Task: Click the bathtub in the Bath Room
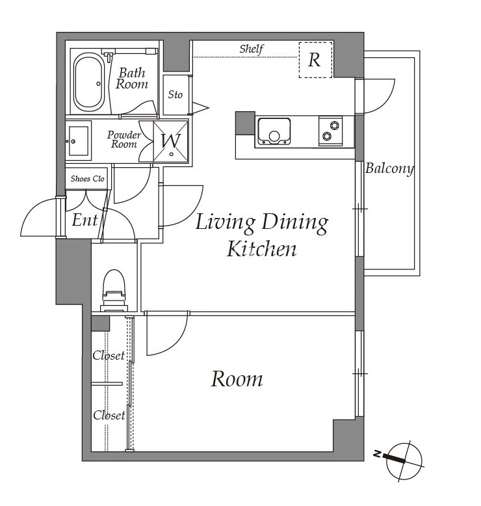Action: click(88, 83)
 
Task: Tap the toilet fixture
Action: click(114, 291)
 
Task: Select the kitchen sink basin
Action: click(274, 131)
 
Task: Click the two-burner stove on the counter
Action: click(330, 131)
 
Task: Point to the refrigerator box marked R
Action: click(315, 60)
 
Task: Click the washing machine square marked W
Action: click(171, 141)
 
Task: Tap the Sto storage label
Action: click(175, 94)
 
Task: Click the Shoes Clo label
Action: click(88, 178)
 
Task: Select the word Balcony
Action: click(389, 168)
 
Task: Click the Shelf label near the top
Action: click(252, 49)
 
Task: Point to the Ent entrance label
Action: click(84, 220)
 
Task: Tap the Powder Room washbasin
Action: click(79, 140)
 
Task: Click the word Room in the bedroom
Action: click(237, 379)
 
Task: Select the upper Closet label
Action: click(109, 355)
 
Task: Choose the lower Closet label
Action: click(109, 415)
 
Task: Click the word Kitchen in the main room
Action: click(261, 249)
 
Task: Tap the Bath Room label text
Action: click(132, 79)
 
